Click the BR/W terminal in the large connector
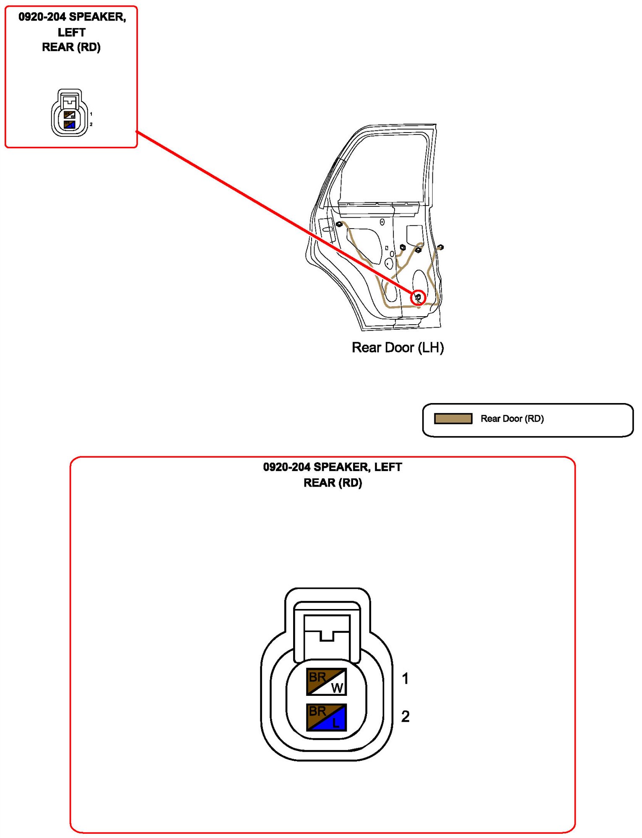coord(326,681)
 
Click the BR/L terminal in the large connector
coord(326,717)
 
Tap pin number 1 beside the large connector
coord(405,678)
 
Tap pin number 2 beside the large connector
coord(405,716)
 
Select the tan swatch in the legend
coord(453,419)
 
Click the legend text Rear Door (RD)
coord(512,419)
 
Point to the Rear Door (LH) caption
coord(398,347)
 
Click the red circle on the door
coord(418,297)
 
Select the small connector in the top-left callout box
coord(70,113)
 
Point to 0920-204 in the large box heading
coord(286,467)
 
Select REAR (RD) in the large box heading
coord(333,483)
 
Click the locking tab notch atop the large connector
coord(327,636)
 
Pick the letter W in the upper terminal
coord(337,687)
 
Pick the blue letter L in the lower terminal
coord(336,723)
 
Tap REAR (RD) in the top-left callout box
coord(71,47)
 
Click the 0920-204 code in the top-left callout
coord(42,17)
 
